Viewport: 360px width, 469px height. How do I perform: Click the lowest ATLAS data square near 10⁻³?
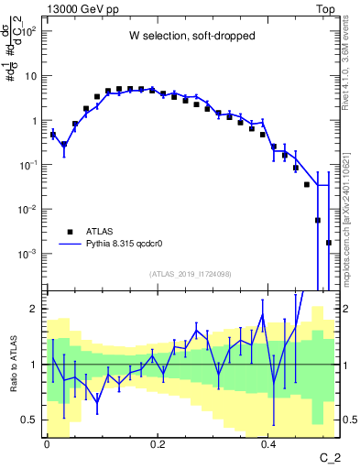tap(329, 243)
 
